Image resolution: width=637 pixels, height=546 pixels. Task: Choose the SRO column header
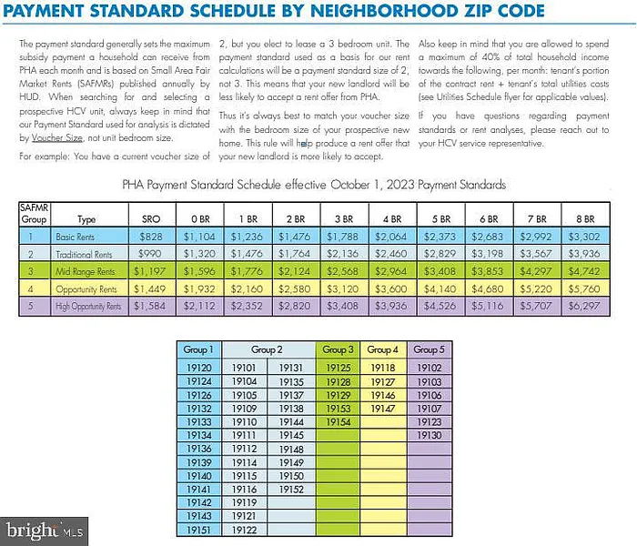151,219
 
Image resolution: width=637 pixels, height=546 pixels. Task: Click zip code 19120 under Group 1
198,368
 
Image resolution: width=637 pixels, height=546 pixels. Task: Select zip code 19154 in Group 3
338,422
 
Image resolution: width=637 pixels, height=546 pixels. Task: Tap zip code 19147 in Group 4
383,409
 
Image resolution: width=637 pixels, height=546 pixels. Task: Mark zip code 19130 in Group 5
428,436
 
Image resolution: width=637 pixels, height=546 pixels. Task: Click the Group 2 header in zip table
268,350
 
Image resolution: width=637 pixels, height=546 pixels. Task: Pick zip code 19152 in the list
291,490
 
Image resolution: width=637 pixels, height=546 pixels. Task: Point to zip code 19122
245,530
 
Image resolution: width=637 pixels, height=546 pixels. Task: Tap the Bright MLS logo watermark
45,529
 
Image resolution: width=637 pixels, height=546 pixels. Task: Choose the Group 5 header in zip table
428,350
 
